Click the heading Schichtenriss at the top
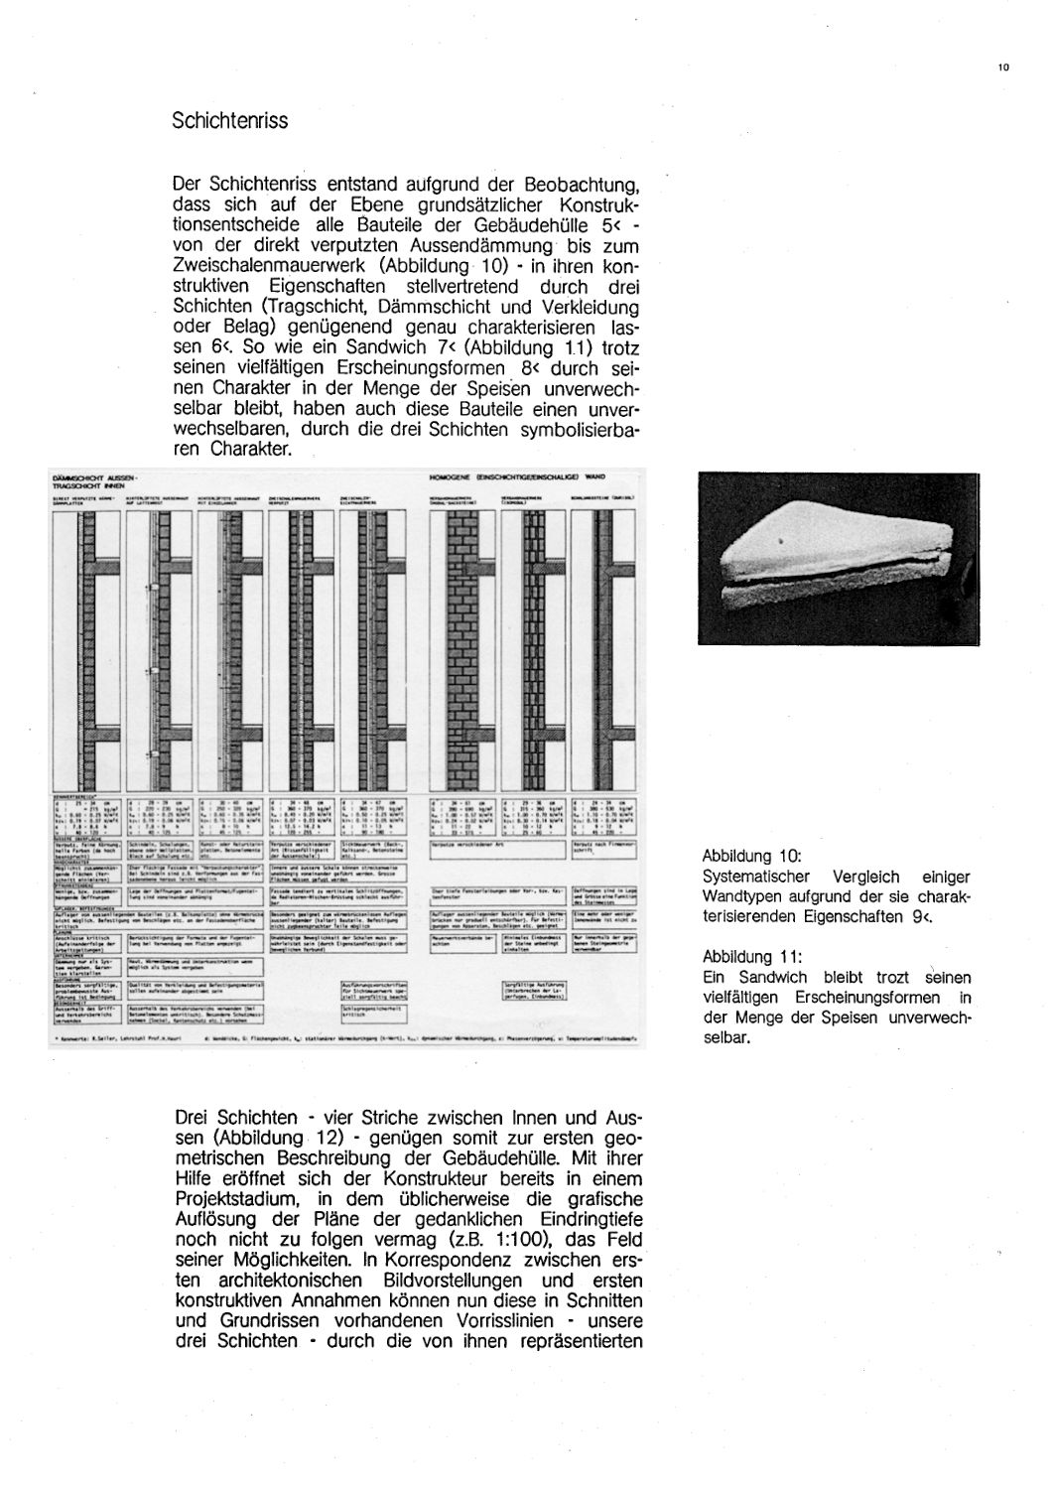pyautogui.click(x=229, y=121)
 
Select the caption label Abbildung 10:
pyautogui.click(x=751, y=856)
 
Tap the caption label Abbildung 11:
pyautogui.click(x=751, y=957)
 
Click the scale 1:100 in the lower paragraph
pyautogui.click(x=515, y=1239)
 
